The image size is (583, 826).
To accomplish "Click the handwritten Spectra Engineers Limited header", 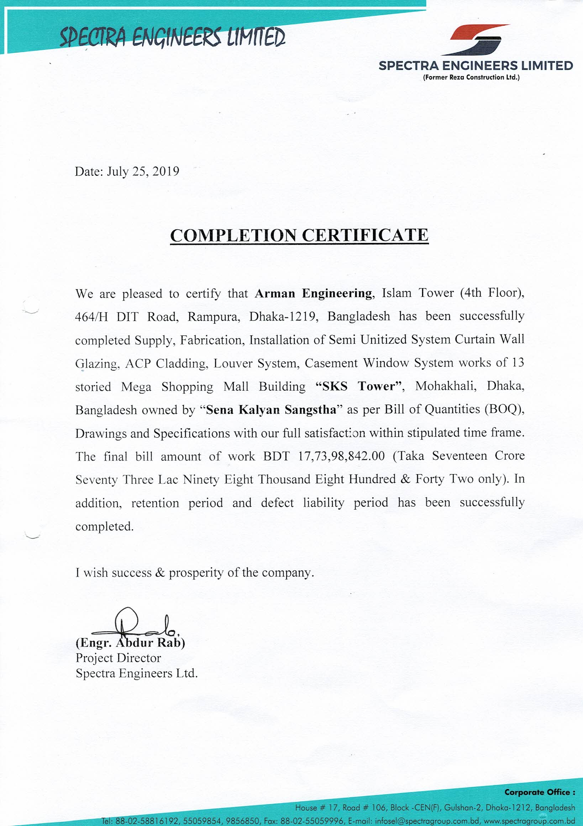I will click(173, 37).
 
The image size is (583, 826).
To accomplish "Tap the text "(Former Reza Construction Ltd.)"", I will click(472, 77).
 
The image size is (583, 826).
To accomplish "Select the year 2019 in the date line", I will click(166, 171).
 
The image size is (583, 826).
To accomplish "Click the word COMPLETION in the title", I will click(234, 235).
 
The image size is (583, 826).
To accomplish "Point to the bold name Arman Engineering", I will click(313, 293).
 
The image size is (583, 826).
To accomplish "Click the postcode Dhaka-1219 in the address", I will click(283, 316).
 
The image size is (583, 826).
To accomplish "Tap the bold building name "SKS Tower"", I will click(358, 386).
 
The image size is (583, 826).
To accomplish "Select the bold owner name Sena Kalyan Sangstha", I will click(271, 410).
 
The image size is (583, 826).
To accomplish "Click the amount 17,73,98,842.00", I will click(342, 456).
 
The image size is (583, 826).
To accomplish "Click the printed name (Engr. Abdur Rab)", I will click(130, 642).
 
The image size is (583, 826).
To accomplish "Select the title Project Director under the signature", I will click(118, 658).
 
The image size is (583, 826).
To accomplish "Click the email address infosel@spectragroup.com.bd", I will click(427, 821).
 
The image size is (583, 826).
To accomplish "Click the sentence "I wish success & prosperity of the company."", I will click(195, 572).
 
